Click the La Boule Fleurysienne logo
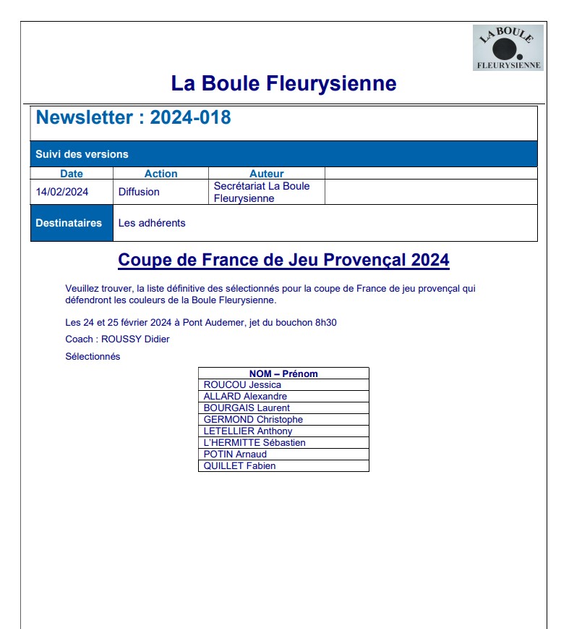508,48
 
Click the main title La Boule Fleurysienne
283,83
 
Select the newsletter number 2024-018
190,117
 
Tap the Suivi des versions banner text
82,154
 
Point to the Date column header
72,174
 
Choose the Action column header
161,174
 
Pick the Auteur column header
266,174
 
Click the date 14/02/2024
62,192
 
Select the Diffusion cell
139,192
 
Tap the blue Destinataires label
69,223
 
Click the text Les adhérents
152,223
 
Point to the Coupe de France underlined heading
283,260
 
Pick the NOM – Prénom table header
283,373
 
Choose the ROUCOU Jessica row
242,385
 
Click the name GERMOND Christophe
253,420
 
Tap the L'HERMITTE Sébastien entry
254,443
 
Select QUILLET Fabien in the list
239,466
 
